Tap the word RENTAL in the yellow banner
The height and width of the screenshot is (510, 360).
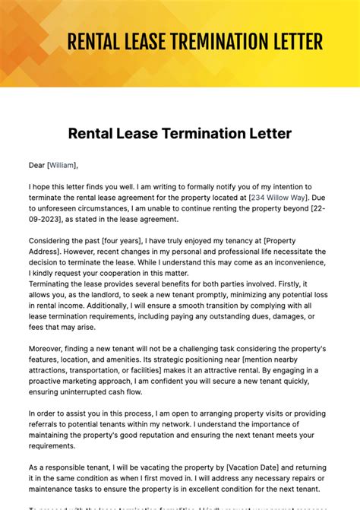(95, 41)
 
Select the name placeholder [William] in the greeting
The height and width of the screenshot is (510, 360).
(62, 165)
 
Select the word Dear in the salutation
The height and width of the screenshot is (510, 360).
(36, 165)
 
